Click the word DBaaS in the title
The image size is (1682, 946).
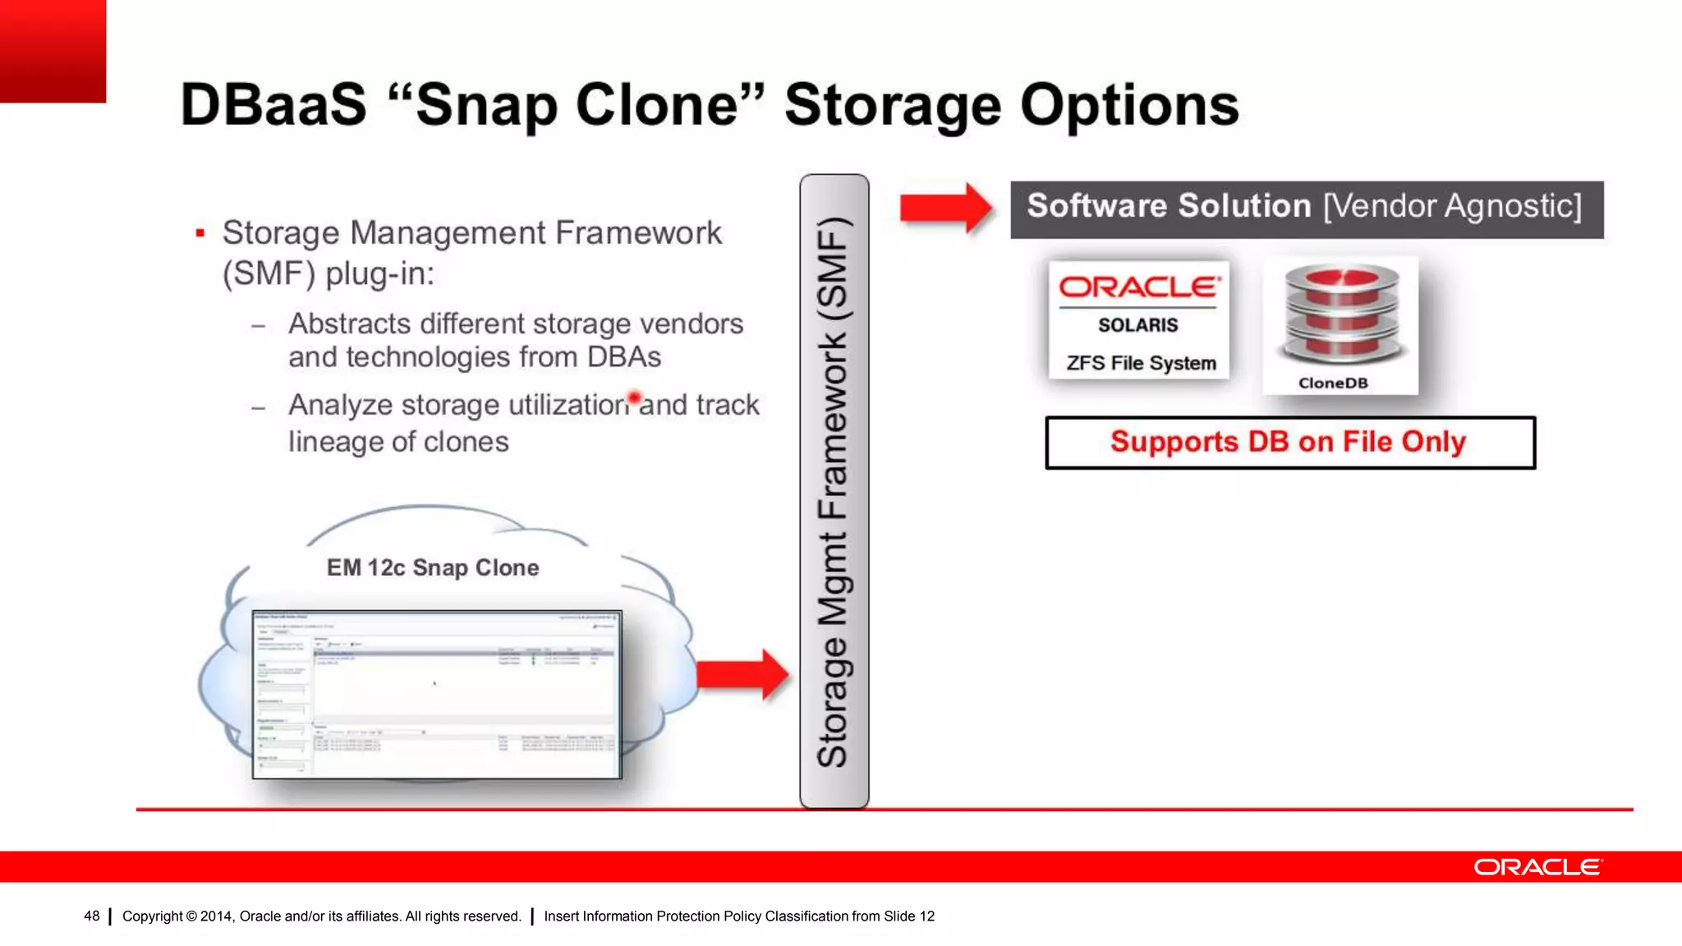click(x=273, y=105)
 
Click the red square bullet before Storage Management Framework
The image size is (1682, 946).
click(x=200, y=234)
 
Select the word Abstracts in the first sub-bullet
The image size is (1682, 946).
click(x=348, y=324)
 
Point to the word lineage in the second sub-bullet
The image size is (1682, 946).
click(x=334, y=442)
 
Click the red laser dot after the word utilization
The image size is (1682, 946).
click(x=634, y=398)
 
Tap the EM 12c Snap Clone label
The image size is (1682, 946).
click(x=433, y=567)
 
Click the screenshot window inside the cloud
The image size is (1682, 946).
click(x=437, y=695)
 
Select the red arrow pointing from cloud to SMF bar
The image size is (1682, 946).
click(x=742, y=675)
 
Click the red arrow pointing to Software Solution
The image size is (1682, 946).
click(x=945, y=208)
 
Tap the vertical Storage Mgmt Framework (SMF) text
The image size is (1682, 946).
click(x=834, y=491)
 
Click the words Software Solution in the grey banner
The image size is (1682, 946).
click(x=1169, y=206)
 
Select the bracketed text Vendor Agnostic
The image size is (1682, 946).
click(x=1452, y=206)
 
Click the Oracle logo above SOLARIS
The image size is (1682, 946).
click(x=1138, y=287)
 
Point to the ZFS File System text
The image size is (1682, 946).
click(x=1141, y=363)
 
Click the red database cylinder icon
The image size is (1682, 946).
click(x=1342, y=315)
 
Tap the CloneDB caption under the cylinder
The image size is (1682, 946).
click(x=1333, y=383)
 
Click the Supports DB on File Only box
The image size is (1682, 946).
click(x=1289, y=443)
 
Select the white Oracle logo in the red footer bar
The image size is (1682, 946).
click(x=1537, y=867)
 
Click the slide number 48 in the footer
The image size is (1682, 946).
click(x=91, y=916)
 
